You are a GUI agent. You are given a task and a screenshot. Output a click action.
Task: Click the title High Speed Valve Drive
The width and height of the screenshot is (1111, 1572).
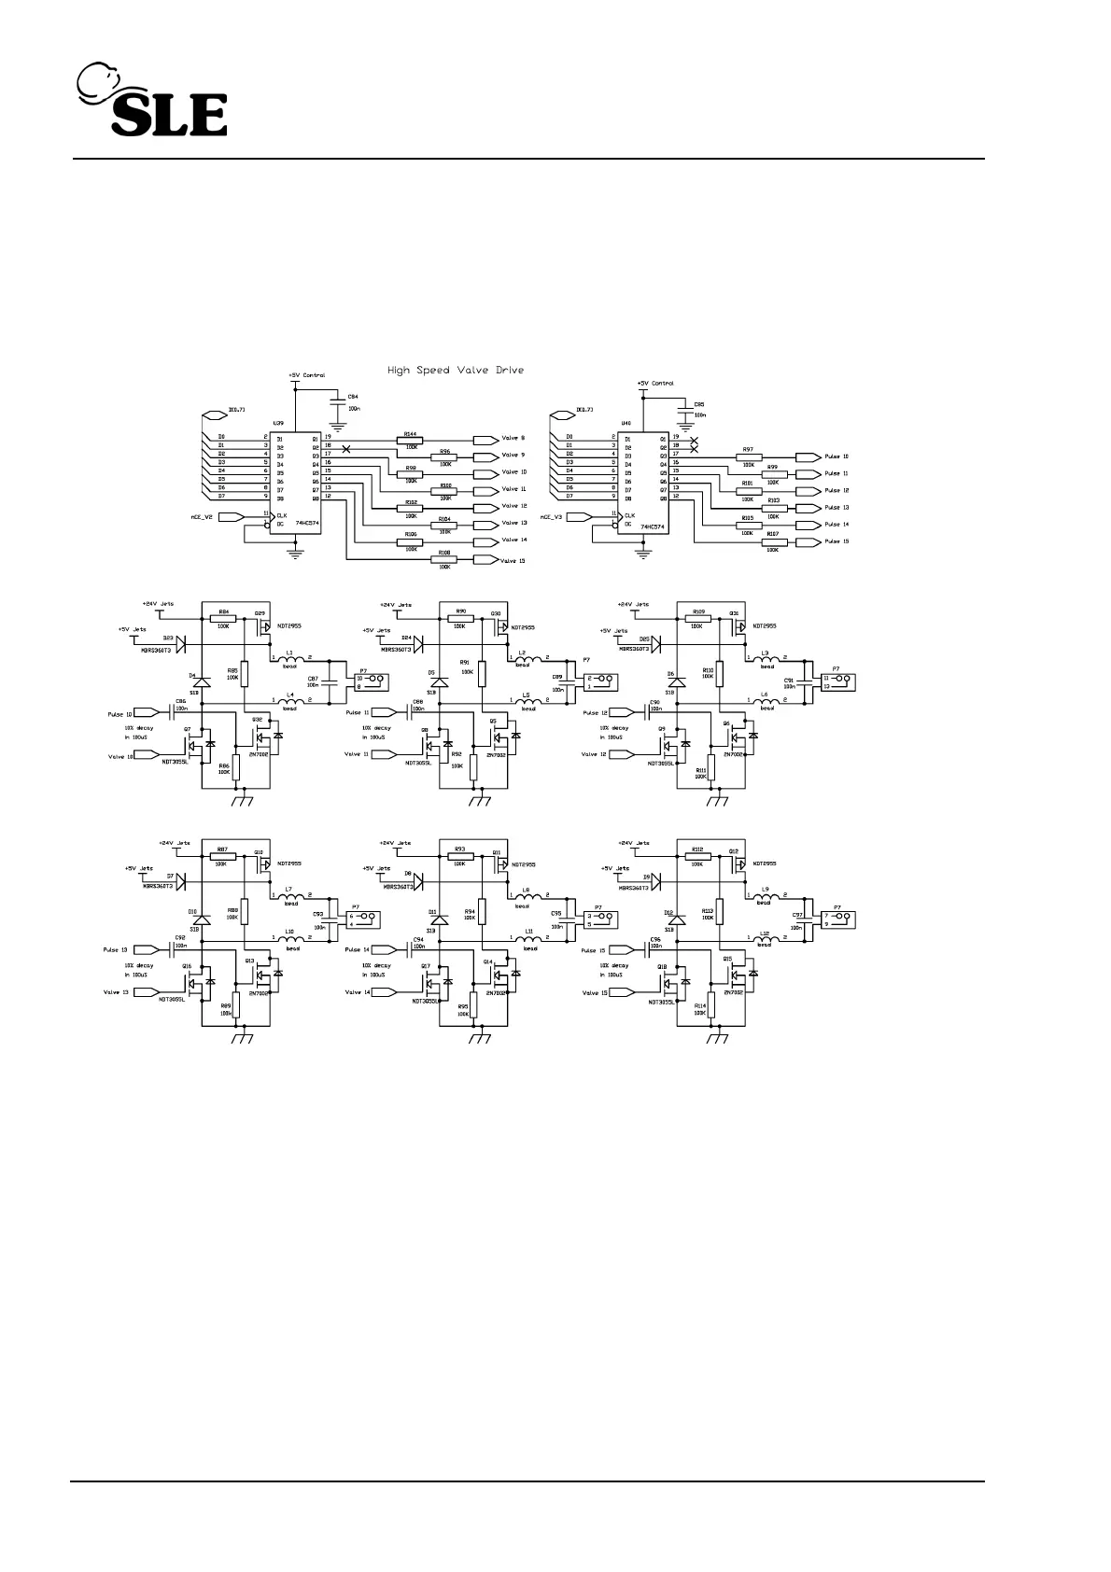[x=456, y=371]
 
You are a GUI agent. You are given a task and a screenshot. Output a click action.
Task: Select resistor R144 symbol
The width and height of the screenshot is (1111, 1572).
[x=410, y=440]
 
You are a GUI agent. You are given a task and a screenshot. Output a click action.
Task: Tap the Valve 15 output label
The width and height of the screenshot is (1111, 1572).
[x=513, y=560]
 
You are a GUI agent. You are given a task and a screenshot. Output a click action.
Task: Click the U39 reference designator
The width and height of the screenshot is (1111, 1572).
[x=277, y=423]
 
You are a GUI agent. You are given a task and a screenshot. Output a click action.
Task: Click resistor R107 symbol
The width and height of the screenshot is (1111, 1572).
[x=772, y=542]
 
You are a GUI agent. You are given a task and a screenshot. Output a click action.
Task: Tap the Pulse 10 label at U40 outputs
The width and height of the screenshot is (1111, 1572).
[x=837, y=457]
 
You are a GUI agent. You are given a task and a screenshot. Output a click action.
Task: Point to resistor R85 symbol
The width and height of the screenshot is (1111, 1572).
[x=245, y=674]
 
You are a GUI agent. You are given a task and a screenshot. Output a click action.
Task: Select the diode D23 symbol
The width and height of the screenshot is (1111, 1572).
[x=181, y=644]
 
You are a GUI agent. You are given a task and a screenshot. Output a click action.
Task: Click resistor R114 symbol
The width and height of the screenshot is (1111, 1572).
[x=711, y=1005]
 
